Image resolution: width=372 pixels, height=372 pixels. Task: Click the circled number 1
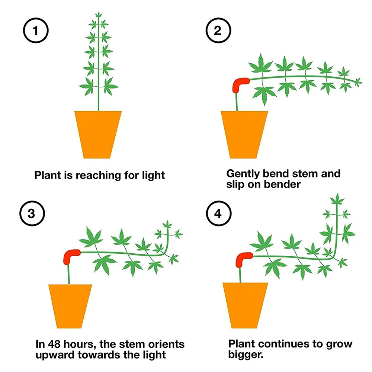[35, 31]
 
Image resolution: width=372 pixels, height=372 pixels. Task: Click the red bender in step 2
[240, 84]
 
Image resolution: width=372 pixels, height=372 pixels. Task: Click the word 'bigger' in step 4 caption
[245, 354]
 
